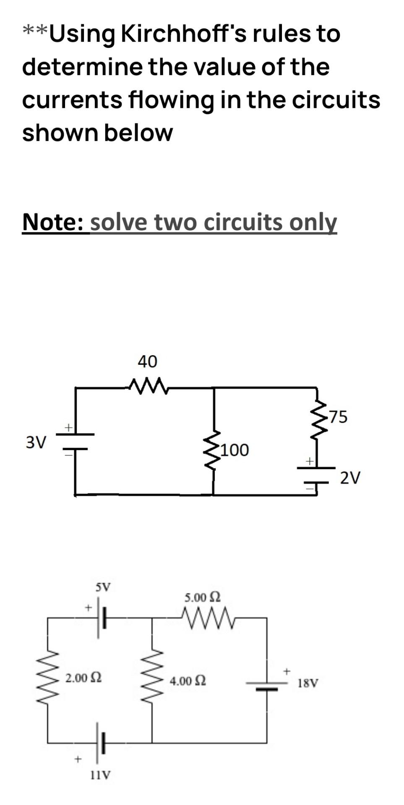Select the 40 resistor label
147,361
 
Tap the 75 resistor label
337,416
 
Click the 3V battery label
36,442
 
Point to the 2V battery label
350,478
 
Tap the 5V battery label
103,587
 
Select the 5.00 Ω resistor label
203,597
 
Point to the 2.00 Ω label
83,677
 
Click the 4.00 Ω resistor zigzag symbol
151,679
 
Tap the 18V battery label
308,683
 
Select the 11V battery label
101,775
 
